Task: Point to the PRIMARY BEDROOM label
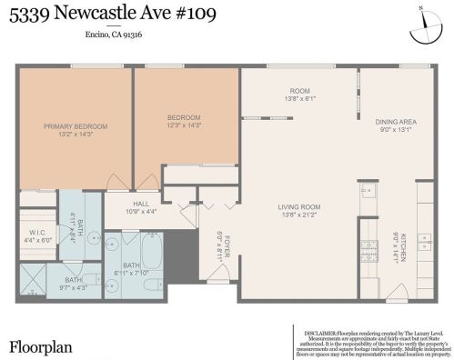(76, 126)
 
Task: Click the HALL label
(140, 204)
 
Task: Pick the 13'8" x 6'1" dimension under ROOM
(301, 99)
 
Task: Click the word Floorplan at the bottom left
(41, 346)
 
